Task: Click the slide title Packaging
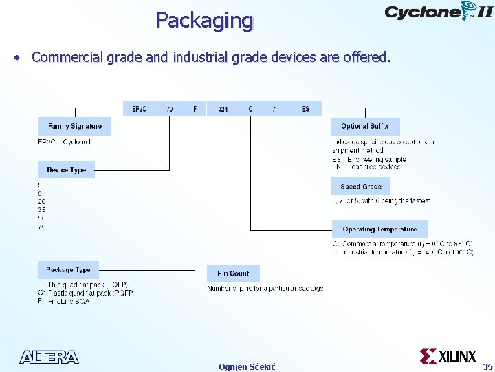204,20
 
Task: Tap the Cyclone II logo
438,12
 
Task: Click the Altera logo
49,357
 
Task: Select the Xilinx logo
448,356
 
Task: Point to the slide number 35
487,366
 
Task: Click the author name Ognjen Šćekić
247,366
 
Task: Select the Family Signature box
75,127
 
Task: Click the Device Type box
67,169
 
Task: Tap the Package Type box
68,270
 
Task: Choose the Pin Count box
233,273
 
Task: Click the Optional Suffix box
364,127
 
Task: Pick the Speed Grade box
361,187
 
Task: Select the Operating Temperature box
379,229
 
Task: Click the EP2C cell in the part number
140,109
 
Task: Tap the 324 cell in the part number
223,109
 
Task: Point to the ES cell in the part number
306,109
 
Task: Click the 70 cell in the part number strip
170,109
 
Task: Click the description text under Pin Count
265,289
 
